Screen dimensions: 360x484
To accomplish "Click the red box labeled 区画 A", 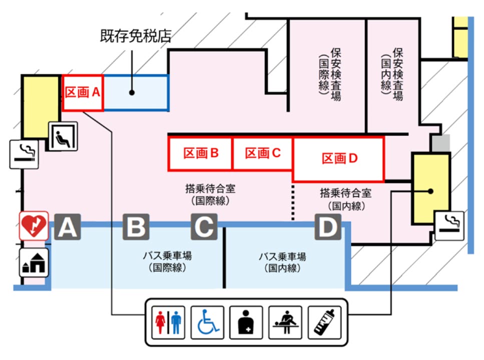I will click(x=83, y=92).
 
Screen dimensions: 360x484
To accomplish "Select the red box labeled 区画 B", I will click(x=200, y=153).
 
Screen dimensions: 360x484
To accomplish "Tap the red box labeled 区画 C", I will click(x=262, y=153).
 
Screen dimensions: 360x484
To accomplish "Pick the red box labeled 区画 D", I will click(x=338, y=158).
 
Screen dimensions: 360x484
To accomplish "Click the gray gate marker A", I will click(x=68, y=228).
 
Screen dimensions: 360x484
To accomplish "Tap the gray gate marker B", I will click(x=136, y=228).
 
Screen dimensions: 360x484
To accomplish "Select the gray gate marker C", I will click(x=204, y=227).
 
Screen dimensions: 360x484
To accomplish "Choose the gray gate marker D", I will click(x=328, y=227).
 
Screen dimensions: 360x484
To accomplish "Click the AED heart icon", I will click(x=34, y=225).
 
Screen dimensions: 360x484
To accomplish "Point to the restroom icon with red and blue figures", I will click(x=168, y=323).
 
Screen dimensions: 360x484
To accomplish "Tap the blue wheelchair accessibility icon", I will click(x=207, y=323).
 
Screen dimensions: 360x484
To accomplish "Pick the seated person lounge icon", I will click(x=64, y=135).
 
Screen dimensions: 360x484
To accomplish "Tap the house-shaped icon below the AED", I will click(x=34, y=262).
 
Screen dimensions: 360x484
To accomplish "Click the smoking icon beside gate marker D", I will click(x=449, y=225).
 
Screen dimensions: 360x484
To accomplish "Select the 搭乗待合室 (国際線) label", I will click(x=210, y=195).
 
